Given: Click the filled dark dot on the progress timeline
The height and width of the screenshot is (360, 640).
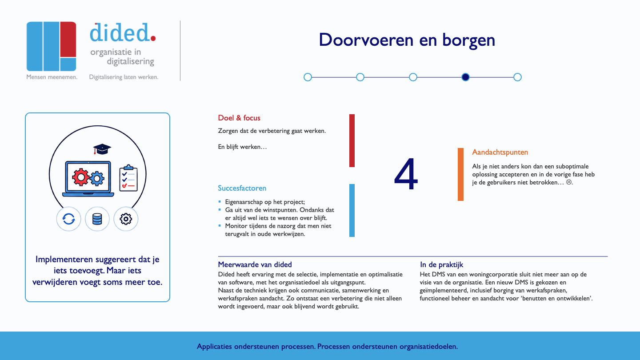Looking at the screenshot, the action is pyautogui.click(x=465, y=77).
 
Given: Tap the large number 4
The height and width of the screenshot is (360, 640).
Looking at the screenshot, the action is pyautogui.click(x=406, y=174).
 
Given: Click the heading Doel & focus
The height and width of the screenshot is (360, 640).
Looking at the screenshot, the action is pyautogui.click(x=239, y=118).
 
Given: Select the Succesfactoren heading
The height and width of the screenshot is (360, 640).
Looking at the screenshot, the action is pyautogui.click(x=242, y=188).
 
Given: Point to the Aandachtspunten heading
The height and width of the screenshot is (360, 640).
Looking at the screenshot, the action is pyautogui.click(x=500, y=152).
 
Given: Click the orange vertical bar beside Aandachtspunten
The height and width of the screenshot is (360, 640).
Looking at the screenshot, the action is pyautogui.click(x=460, y=174).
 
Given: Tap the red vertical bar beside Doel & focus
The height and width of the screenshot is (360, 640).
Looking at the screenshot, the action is pyautogui.click(x=352, y=140).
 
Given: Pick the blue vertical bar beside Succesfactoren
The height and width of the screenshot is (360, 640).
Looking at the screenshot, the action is pyautogui.click(x=352, y=210).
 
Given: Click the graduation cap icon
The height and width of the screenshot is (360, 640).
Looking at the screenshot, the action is pyautogui.click(x=102, y=149).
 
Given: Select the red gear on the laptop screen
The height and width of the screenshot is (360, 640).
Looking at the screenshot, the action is pyautogui.click(x=80, y=177).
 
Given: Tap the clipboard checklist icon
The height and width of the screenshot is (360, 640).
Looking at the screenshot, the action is pyautogui.click(x=128, y=178).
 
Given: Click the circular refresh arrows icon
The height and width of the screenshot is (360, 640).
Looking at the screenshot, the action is pyautogui.click(x=68, y=219).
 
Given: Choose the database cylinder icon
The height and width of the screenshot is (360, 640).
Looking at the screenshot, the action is pyautogui.click(x=97, y=219).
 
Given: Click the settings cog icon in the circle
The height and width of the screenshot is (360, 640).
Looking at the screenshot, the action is pyautogui.click(x=126, y=219).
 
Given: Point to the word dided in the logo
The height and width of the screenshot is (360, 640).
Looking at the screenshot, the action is pyautogui.click(x=120, y=32).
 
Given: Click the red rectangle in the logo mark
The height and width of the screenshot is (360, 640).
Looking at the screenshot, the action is pyautogui.click(x=68, y=39).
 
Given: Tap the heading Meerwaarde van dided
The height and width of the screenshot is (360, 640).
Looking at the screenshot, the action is pyautogui.click(x=255, y=264).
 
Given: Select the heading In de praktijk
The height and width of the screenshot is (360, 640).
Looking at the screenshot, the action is pyautogui.click(x=441, y=265).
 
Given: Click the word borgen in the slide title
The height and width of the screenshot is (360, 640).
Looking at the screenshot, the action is pyautogui.click(x=468, y=40).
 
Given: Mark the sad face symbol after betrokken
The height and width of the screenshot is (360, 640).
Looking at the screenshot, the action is pyautogui.click(x=569, y=182).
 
